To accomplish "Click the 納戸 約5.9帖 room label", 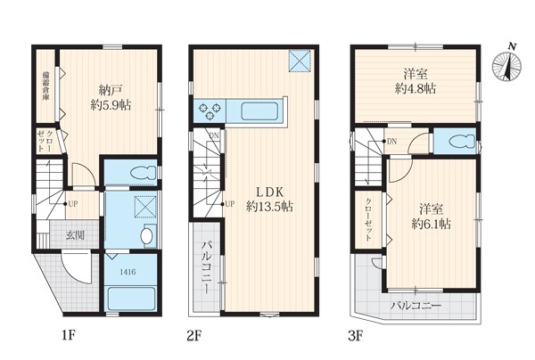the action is pyautogui.click(x=111, y=97).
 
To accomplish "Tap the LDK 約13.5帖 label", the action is pyautogui.click(x=269, y=199).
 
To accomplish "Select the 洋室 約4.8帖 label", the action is pyautogui.click(x=416, y=81).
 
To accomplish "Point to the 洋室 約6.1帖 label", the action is pyautogui.click(x=432, y=217).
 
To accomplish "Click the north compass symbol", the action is pyautogui.click(x=507, y=64).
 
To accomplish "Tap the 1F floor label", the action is pyautogui.click(x=69, y=336).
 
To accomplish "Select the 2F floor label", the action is pyautogui.click(x=194, y=336).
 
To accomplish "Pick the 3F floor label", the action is pyautogui.click(x=356, y=336).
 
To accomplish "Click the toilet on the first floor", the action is pyautogui.click(x=143, y=172).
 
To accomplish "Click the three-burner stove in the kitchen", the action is pyautogui.click(x=210, y=110).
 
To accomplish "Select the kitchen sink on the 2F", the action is pyautogui.click(x=260, y=111).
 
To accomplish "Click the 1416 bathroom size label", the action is pyautogui.click(x=128, y=272).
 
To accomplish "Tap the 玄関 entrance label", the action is pyautogui.click(x=75, y=234).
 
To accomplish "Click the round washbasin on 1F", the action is pyautogui.click(x=147, y=236).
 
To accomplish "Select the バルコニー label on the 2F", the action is pyautogui.click(x=205, y=267).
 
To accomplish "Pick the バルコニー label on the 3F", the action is pyautogui.click(x=416, y=305).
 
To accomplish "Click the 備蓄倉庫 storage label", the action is pyautogui.click(x=45, y=86).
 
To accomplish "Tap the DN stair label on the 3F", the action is pyautogui.click(x=391, y=141).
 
